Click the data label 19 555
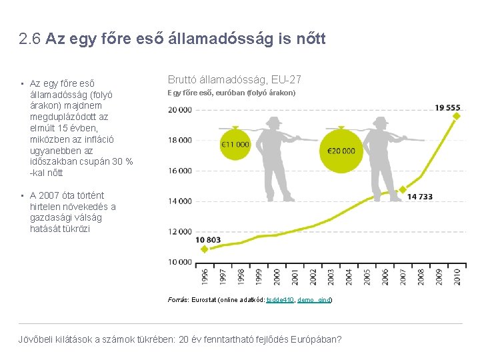pos(447,108)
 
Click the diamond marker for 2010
pos(457,116)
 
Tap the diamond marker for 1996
pos(205,249)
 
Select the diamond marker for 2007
pos(403,189)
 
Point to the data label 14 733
pos(420,197)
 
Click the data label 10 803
pos(208,240)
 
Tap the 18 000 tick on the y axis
pos(180,140)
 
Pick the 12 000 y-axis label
pos(180,232)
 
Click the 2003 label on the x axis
pos(331,277)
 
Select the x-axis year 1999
pos(259,277)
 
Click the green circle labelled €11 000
pos(235,145)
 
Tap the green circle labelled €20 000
pos(341,151)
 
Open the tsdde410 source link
pos(280,300)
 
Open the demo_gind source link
pos(314,300)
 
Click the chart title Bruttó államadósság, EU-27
pos(235,79)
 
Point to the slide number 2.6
pos(30,39)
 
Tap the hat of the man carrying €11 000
pos(274,121)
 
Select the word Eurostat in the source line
pos(204,300)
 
